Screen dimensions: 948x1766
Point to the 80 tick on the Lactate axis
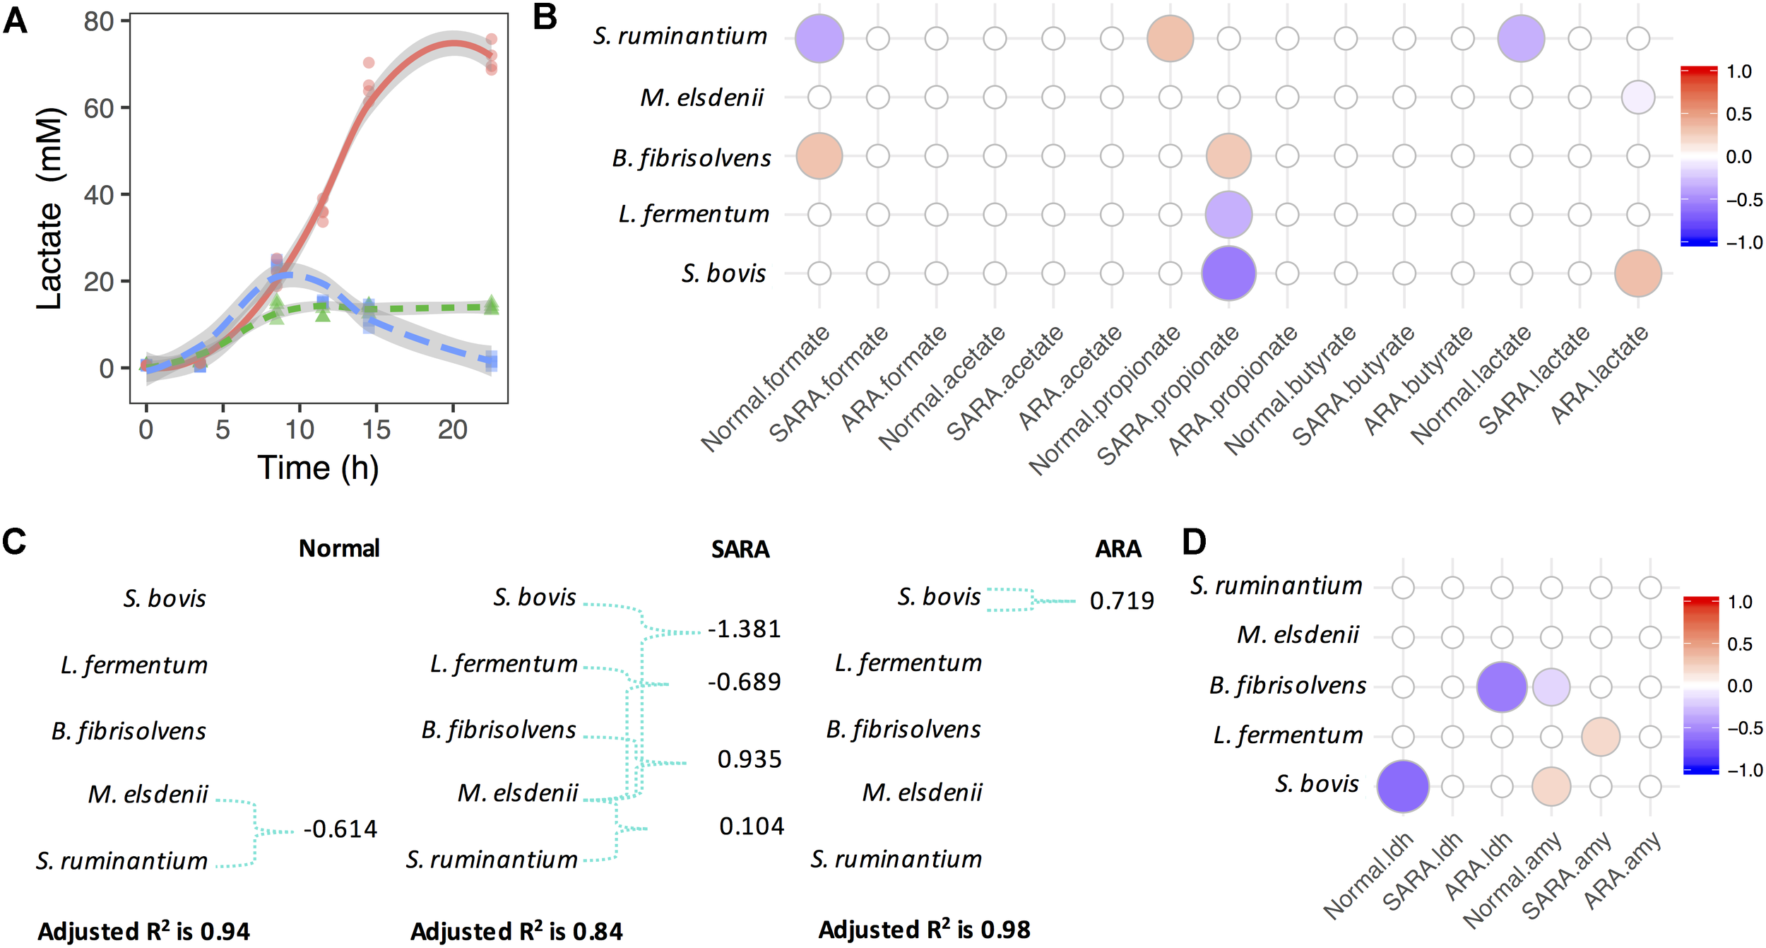tap(98, 22)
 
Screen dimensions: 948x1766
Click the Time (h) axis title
tap(318, 468)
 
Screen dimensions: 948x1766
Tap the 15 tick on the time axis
tap(376, 429)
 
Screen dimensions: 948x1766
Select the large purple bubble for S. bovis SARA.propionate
tap(1228, 273)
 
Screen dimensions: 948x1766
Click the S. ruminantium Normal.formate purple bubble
tap(819, 38)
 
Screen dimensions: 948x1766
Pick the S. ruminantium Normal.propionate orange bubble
tap(1171, 38)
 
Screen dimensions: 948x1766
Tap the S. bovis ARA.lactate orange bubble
tap(1638, 273)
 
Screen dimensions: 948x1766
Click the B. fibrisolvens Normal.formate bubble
tap(819, 156)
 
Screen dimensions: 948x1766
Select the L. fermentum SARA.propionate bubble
tap(1228, 215)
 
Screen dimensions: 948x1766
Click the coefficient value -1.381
tap(745, 629)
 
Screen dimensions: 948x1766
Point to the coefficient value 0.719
tap(1122, 600)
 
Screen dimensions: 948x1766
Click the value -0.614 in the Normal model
tap(340, 829)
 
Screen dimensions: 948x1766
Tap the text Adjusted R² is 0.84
tap(516, 932)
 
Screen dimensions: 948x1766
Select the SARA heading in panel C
tap(740, 549)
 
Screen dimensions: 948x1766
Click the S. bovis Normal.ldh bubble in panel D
tap(1403, 786)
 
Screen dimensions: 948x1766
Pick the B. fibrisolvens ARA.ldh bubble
tap(1502, 687)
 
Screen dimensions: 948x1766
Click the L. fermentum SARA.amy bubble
tap(1601, 737)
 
